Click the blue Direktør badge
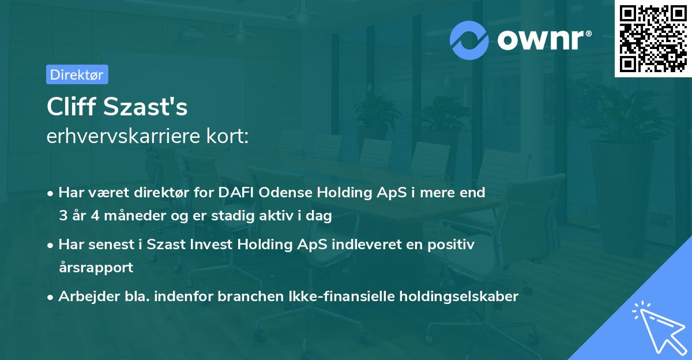click(77, 74)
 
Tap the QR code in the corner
click(653, 39)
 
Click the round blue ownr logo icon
click(469, 40)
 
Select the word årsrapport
click(96, 268)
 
